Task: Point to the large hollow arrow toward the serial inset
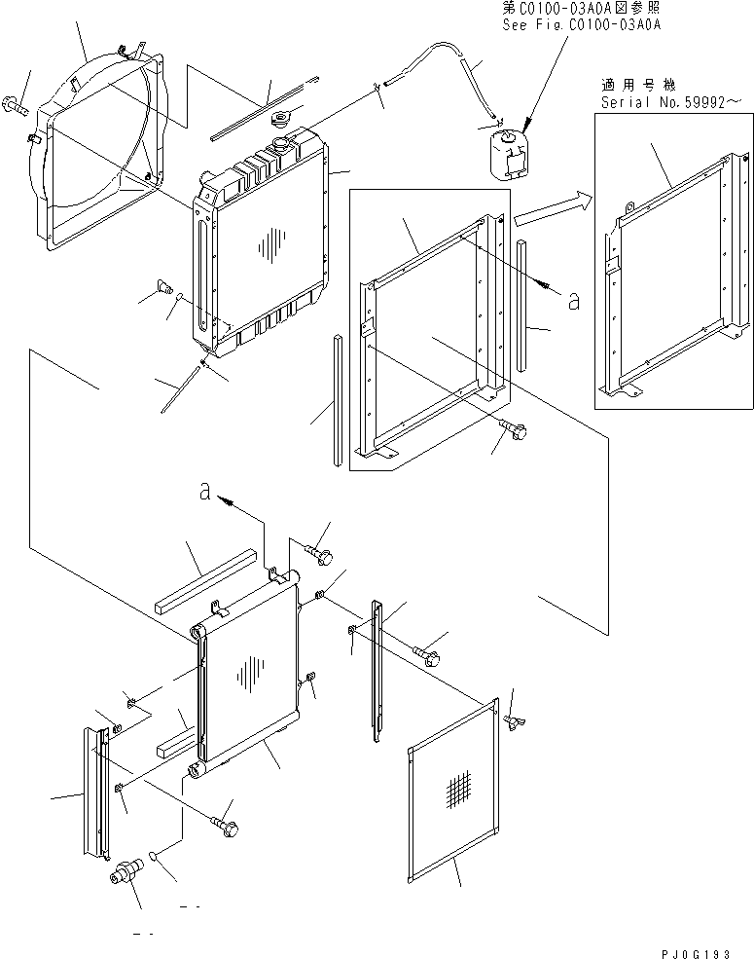coord(551,207)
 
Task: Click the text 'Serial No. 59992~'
coord(665,100)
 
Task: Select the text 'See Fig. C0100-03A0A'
coord(581,24)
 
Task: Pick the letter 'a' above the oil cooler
coord(204,493)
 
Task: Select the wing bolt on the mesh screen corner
coord(512,719)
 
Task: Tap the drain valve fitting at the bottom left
coord(126,869)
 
